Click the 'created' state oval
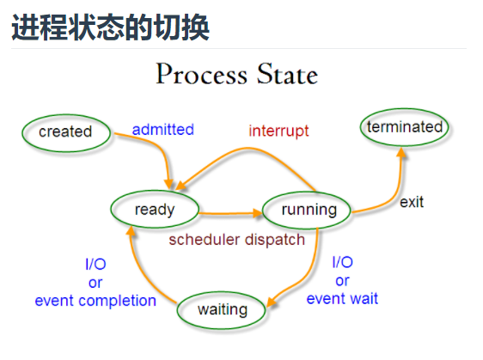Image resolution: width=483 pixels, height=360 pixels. [x=65, y=131]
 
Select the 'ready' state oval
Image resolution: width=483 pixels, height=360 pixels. [x=155, y=209]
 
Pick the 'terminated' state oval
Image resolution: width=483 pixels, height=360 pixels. [x=405, y=127]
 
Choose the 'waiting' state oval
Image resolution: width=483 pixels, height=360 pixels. [x=223, y=309]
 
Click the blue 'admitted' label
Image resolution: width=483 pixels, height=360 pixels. [x=162, y=130]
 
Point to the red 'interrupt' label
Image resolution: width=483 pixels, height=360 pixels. [x=278, y=131]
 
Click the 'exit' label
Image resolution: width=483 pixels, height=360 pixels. [x=412, y=203]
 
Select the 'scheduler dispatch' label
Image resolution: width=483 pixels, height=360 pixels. [x=236, y=240]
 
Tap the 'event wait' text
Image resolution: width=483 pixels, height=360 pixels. [x=342, y=299]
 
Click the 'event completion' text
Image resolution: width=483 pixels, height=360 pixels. [x=95, y=301]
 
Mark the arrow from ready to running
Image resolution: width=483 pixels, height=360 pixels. [x=230, y=211]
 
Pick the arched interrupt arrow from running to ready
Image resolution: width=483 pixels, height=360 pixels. [x=249, y=153]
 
